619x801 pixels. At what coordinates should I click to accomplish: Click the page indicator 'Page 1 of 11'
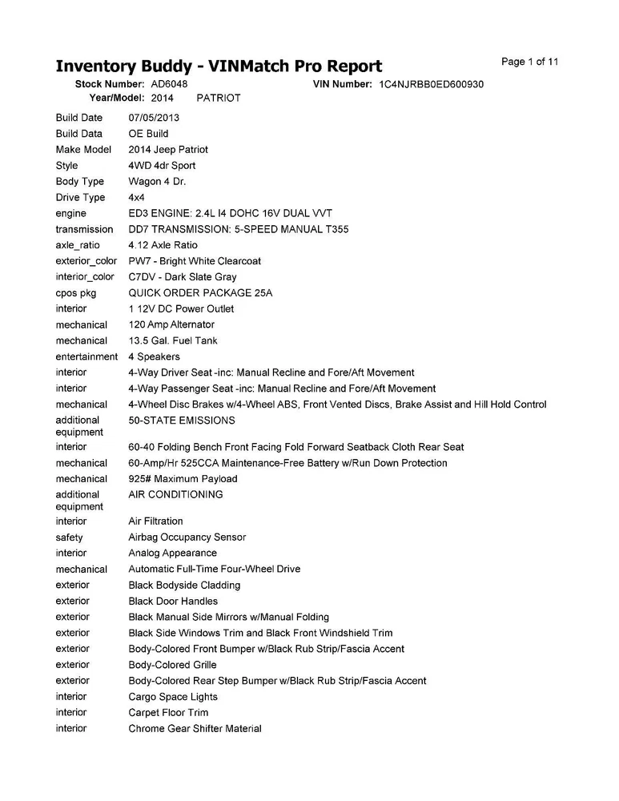click(x=529, y=62)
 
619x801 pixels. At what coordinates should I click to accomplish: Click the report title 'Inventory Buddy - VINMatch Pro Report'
click(x=219, y=66)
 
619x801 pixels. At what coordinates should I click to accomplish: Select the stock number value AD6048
click(x=169, y=84)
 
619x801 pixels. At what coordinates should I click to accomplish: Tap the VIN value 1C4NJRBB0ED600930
click(x=431, y=84)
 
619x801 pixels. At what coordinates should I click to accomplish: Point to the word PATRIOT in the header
click(x=218, y=98)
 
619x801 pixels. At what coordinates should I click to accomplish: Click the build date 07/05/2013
click(x=155, y=118)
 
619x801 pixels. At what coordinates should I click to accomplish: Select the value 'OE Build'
click(x=148, y=134)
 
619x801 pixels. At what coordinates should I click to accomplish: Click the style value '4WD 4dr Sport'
click(x=162, y=166)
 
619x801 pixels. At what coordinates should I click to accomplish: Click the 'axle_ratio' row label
click(x=78, y=245)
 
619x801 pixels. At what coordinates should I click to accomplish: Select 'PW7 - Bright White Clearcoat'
click(x=195, y=261)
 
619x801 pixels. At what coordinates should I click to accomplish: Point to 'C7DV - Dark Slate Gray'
click(x=183, y=277)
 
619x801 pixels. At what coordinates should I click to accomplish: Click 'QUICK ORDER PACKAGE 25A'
click(x=200, y=293)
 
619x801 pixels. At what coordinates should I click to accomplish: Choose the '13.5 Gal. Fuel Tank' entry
click(x=172, y=340)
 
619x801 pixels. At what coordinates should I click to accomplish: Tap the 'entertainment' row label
click(x=86, y=356)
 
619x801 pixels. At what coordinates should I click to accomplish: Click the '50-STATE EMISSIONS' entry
click(x=182, y=421)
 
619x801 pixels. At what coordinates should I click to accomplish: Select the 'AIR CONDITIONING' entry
click(x=175, y=495)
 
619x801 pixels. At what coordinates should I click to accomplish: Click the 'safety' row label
click(x=69, y=537)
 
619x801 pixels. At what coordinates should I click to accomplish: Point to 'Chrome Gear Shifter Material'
click(x=195, y=729)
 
